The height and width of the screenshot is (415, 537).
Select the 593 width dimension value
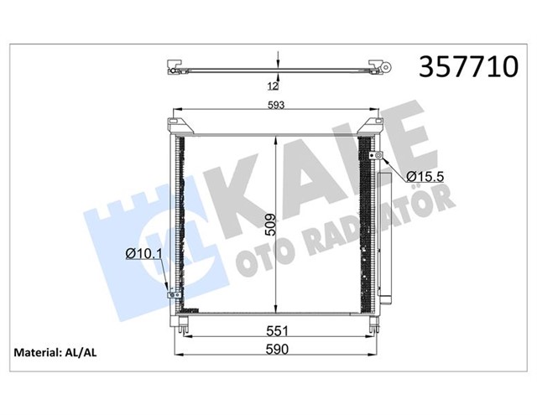pyautogui.click(x=276, y=105)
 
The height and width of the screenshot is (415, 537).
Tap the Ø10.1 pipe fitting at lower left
pyautogui.click(x=174, y=293)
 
